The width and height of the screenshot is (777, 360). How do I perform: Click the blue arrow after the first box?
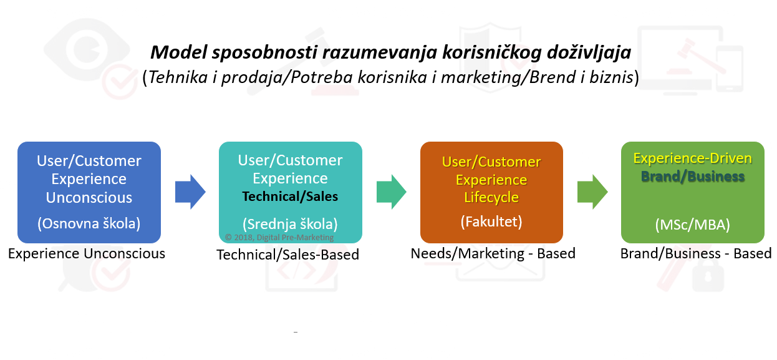point(190,192)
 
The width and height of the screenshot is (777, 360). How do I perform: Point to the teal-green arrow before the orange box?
point(392,192)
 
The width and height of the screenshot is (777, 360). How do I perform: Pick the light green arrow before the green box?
point(592,192)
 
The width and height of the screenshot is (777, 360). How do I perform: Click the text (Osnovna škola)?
point(89,223)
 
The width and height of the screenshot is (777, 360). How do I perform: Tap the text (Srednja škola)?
point(290,224)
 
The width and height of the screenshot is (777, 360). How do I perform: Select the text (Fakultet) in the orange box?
point(491,221)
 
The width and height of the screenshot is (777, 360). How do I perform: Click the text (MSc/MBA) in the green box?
point(692,225)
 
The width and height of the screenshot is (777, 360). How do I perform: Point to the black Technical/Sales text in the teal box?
point(290,197)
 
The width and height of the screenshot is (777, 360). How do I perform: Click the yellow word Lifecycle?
point(491,198)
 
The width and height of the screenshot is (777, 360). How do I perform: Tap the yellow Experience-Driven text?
point(692,158)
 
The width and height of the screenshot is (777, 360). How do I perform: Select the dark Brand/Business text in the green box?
point(693,177)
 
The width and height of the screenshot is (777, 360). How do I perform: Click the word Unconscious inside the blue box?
point(89,198)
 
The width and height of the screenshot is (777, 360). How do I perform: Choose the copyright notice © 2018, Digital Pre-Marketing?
point(279,238)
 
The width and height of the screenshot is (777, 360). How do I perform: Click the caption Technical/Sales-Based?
point(288,255)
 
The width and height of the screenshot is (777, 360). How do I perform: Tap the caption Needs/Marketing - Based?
point(493,253)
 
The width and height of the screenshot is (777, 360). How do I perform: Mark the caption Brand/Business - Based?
point(696,253)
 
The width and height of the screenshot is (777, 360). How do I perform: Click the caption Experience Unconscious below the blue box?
point(87,253)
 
